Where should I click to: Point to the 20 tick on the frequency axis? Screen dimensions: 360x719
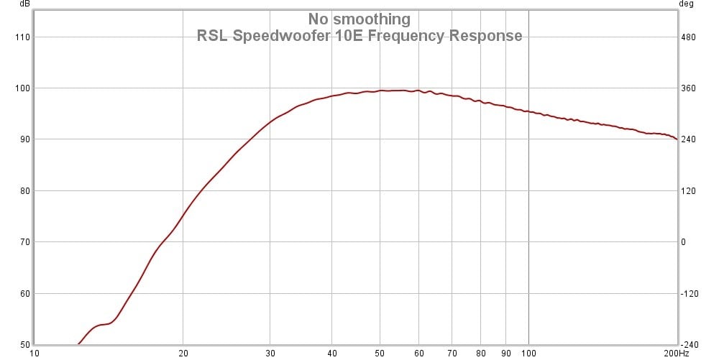pos(183,353)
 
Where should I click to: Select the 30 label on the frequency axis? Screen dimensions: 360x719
pos(270,353)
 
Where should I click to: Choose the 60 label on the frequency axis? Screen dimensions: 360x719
pos(418,353)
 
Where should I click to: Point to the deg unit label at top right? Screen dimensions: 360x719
pos(686,4)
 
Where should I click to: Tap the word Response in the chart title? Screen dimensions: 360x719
pos(486,36)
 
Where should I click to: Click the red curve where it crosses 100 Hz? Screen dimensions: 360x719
pos(529,111)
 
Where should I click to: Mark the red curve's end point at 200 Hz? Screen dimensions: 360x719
pos(677,139)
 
